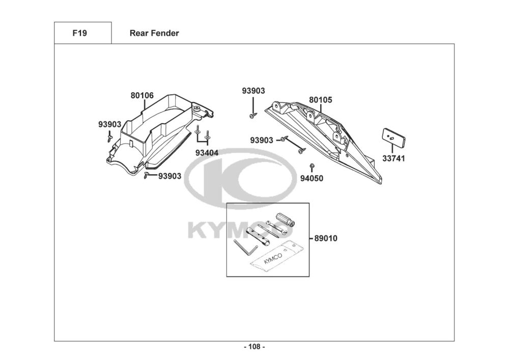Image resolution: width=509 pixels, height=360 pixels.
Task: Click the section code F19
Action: (79, 34)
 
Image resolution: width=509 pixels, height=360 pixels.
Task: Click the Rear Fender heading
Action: (154, 34)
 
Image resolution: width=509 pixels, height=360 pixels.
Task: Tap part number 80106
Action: (142, 95)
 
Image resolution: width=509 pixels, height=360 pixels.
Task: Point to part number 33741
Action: (393, 158)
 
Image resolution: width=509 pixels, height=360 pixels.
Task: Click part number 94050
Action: (312, 178)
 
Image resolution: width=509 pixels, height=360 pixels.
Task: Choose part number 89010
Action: (326, 238)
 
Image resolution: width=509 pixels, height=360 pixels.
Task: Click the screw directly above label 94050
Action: (312, 167)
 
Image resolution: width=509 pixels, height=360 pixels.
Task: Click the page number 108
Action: (254, 347)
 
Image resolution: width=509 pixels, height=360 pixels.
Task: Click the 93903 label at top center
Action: (253, 91)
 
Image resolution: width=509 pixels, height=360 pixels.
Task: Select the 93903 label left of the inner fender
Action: (109, 124)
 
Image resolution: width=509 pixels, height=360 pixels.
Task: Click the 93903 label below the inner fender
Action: (169, 176)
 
